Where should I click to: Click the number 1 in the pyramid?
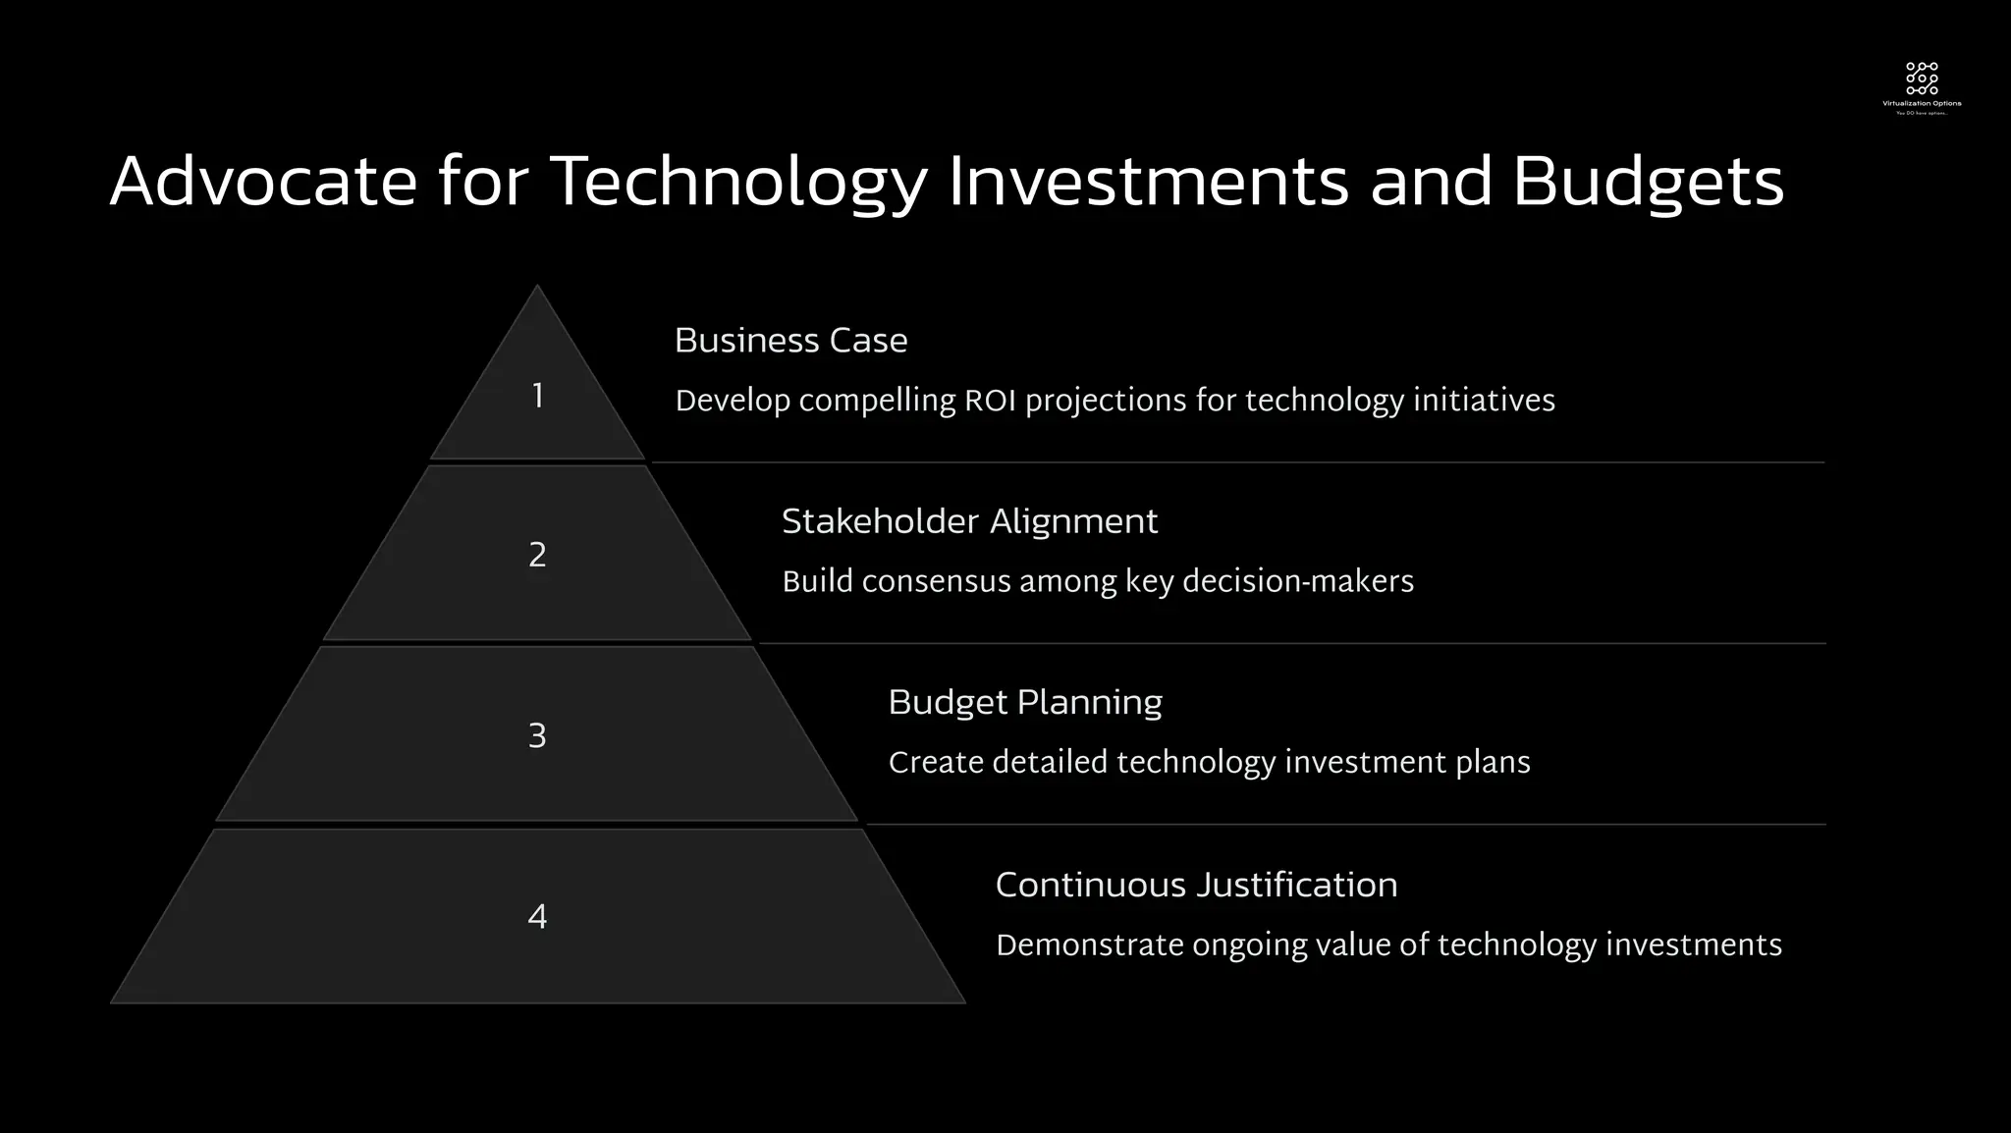click(537, 397)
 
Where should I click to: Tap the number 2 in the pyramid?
click(537, 556)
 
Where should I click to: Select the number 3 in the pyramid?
click(537, 736)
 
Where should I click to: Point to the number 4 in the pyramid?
click(537, 917)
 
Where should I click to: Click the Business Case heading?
click(790, 341)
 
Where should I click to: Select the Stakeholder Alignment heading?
click(969, 521)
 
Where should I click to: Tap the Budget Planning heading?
click(1024, 703)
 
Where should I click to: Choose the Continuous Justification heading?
click(1196, 886)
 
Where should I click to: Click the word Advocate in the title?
click(263, 183)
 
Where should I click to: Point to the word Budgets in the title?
click(1647, 183)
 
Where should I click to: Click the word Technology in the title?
click(737, 183)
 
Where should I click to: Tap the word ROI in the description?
click(990, 402)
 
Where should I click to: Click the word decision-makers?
click(1297, 582)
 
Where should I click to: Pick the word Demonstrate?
click(1089, 945)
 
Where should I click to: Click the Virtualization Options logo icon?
click(1922, 79)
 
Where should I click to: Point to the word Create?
click(935, 763)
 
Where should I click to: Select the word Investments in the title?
click(1148, 183)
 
